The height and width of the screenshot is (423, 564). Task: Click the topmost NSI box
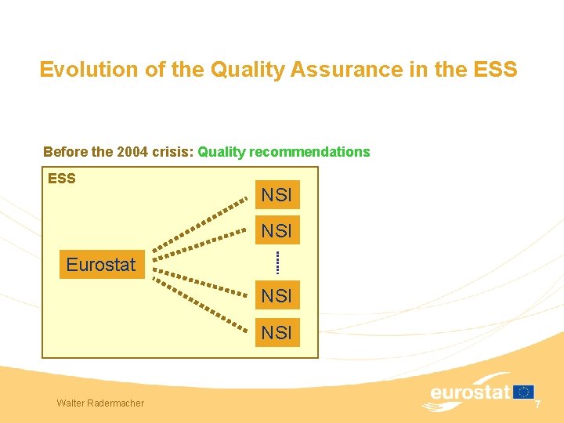click(276, 195)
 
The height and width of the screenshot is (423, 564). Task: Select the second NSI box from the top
click(276, 231)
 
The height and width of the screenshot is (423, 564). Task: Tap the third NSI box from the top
click(276, 296)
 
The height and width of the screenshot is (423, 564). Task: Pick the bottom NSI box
click(276, 332)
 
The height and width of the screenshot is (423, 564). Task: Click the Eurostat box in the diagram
click(101, 265)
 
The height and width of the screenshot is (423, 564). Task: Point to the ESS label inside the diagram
click(62, 179)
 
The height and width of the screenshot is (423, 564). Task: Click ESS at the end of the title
click(495, 70)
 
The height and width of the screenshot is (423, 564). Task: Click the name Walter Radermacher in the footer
click(100, 403)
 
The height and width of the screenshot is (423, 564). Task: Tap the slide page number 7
click(538, 403)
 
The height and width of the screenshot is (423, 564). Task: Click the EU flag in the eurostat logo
click(523, 392)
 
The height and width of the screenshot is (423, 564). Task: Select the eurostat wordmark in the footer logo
click(470, 392)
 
